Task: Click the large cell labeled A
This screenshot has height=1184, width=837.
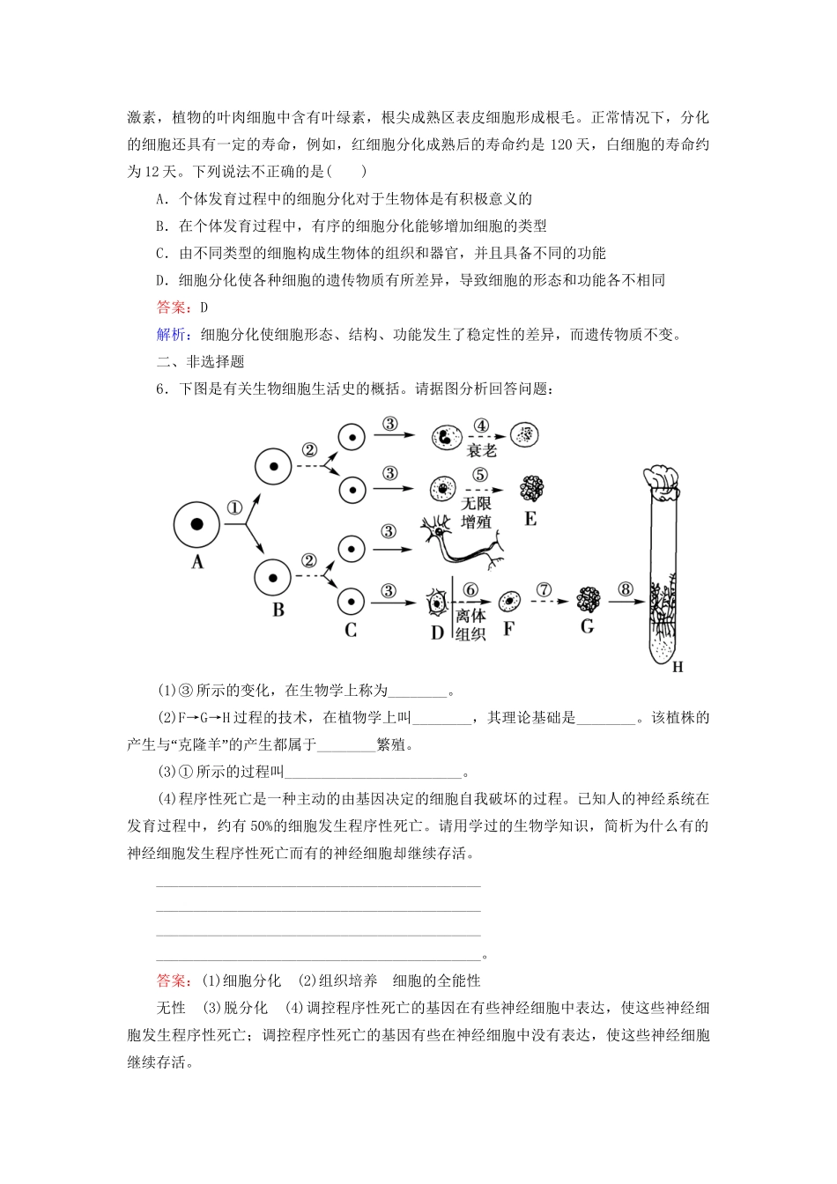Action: coord(197,525)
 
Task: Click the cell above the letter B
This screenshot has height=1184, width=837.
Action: coord(273,577)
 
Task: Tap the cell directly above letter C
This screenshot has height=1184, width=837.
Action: coord(351,602)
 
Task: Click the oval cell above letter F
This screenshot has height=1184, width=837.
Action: coord(509,602)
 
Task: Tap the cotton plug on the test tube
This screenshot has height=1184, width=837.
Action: coord(662,477)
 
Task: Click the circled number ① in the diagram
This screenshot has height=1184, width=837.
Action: coord(234,508)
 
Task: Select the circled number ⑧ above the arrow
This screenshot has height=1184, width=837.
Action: coord(626,589)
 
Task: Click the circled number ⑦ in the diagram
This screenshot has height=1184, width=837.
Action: coord(544,589)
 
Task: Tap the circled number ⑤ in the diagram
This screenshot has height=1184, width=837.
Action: coord(480,476)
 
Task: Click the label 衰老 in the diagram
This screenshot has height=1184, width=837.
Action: coord(482,450)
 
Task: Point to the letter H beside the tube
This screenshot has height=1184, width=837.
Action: coord(678,667)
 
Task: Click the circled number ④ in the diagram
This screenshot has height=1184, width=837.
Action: coord(481,425)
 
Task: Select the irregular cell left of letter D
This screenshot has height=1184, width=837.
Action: coord(437,603)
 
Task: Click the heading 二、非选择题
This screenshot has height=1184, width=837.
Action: coord(201,362)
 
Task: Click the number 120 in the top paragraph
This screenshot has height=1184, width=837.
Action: coord(561,144)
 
